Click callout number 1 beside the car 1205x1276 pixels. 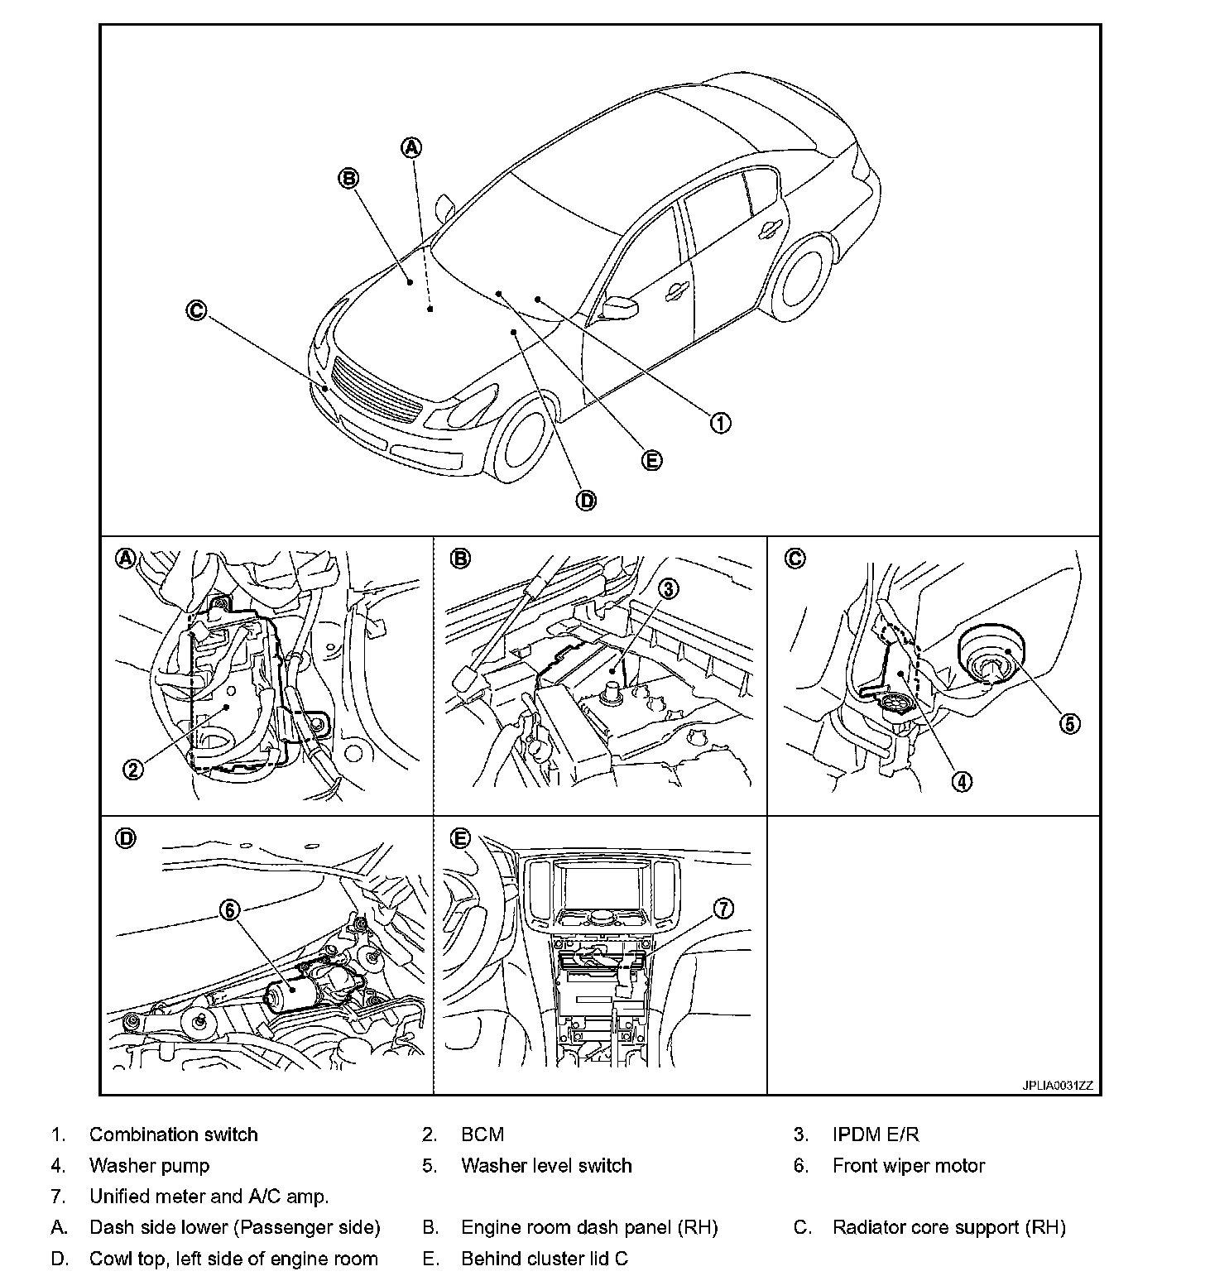tap(720, 423)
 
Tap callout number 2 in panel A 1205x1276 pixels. tap(133, 770)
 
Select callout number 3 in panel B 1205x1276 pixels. tap(668, 589)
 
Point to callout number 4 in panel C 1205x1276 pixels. tap(962, 780)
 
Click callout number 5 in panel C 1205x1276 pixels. tap(1070, 723)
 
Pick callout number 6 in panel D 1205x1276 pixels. tap(229, 909)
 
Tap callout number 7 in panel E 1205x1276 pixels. tap(723, 909)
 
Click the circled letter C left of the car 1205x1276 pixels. tap(196, 310)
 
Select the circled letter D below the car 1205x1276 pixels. tap(585, 500)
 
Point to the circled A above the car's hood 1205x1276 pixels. tap(411, 147)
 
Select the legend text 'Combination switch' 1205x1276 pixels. tap(173, 1134)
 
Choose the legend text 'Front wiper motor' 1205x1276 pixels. tap(909, 1166)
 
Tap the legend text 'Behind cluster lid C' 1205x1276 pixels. tap(545, 1259)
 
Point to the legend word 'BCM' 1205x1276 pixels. tap(482, 1134)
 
